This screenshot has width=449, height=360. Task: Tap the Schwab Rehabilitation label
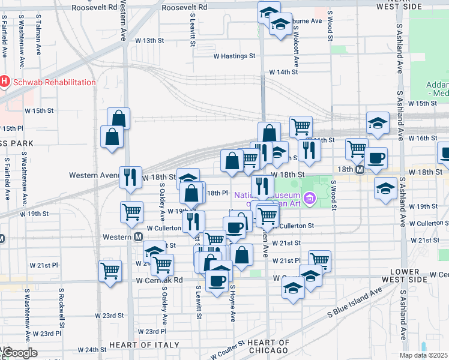[x=52, y=82]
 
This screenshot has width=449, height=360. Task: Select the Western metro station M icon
[x=138, y=237]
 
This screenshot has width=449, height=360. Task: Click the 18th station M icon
[x=360, y=170]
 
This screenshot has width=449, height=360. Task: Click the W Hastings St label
[x=234, y=56]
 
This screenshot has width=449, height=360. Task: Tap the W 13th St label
[x=149, y=40]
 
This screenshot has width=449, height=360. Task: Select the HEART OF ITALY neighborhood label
[x=144, y=344]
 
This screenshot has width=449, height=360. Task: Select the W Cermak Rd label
[x=159, y=280]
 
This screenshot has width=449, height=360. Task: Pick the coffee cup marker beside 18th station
[x=376, y=158]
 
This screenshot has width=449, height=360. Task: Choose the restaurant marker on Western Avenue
[x=130, y=177]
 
